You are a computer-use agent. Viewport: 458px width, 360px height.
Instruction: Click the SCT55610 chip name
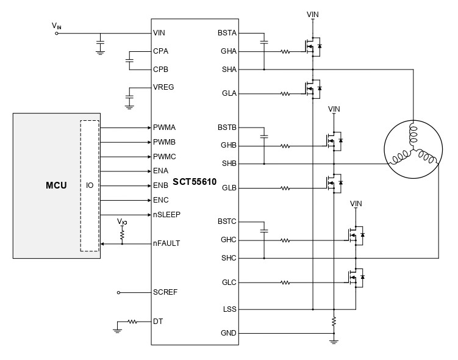tap(195, 182)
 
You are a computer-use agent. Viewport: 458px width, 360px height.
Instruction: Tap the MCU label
tap(56, 185)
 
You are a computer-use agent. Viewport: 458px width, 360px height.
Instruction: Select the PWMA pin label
tap(165, 128)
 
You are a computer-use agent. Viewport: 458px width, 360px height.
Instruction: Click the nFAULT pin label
tap(166, 243)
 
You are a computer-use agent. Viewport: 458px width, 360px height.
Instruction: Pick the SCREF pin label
tap(165, 292)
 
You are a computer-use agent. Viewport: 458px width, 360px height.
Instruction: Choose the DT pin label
tap(158, 321)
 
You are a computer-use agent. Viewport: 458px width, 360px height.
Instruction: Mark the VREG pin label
tap(163, 87)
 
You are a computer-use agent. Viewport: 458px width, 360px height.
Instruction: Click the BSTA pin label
tap(227, 32)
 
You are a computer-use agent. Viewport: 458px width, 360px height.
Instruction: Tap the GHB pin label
tap(229, 146)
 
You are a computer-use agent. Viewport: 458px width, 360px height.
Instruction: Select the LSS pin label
tap(229, 309)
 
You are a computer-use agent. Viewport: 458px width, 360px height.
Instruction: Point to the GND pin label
tap(229, 333)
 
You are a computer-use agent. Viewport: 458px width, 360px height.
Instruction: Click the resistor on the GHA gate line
tap(285, 51)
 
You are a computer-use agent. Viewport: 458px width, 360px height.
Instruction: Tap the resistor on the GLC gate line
tap(285, 283)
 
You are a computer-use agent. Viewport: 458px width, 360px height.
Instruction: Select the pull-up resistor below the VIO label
tap(122, 234)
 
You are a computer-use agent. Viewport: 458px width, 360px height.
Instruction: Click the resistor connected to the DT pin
tap(132, 321)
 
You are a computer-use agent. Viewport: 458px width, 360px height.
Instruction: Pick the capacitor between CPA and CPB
tap(129, 60)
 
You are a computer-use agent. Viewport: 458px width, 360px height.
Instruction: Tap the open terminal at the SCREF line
tap(118, 292)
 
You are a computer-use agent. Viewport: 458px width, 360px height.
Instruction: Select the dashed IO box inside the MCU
tap(89, 185)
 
